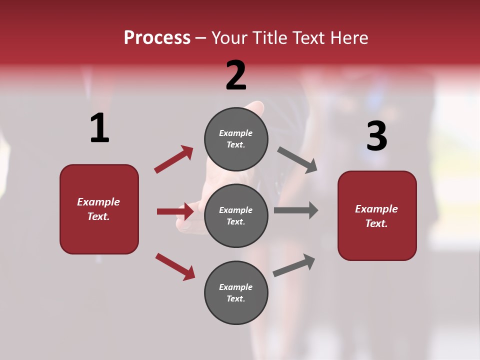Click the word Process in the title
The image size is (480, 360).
[x=157, y=38]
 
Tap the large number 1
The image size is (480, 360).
[x=99, y=128]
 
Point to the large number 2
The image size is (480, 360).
[x=236, y=75]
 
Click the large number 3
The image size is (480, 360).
[x=376, y=136]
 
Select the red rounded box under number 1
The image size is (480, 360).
[x=99, y=209]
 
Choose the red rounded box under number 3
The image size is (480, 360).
[x=377, y=216]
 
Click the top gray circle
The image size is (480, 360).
[x=236, y=138]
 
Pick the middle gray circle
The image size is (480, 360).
[x=236, y=215]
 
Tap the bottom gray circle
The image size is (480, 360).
[x=236, y=292]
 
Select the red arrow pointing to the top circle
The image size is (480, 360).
[x=173, y=159]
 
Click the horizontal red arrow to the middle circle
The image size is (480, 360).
[x=175, y=211]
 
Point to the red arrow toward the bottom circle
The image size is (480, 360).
[x=175, y=266]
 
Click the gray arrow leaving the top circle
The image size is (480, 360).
[x=297, y=160]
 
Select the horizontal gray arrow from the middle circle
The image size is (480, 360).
[x=295, y=210]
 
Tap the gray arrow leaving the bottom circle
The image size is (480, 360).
[x=294, y=265]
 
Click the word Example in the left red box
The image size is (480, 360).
[x=98, y=202]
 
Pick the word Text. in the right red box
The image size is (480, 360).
[x=376, y=223]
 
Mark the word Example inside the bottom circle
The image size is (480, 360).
[x=236, y=287]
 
